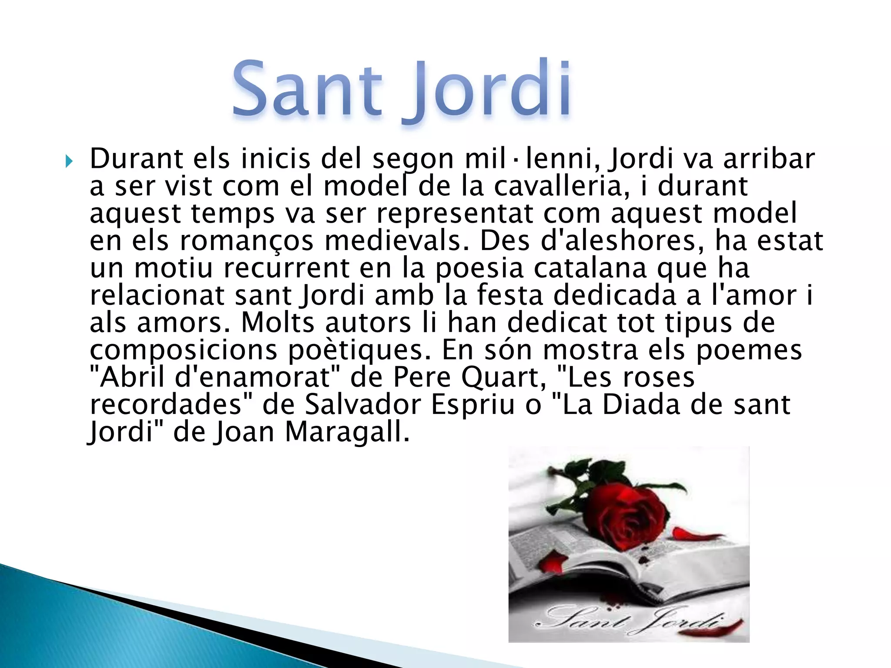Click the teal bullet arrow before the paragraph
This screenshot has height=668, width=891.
tap(69, 162)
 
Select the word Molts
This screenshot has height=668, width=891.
tap(278, 323)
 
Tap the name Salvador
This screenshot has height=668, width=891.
tap(363, 405)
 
